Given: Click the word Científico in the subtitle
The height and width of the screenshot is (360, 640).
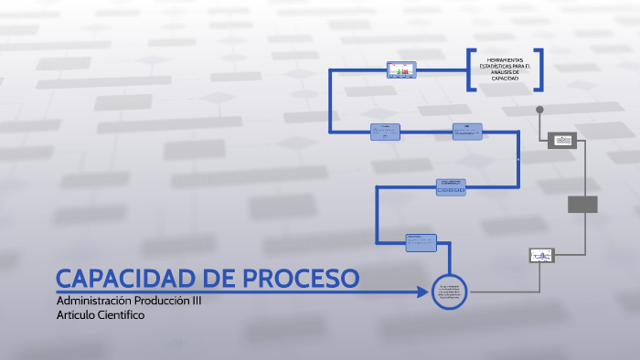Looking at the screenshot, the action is click(114, 314).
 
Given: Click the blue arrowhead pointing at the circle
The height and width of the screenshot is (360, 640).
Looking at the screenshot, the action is click(422, 292).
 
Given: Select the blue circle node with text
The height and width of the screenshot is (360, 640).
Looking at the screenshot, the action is click(449, 292).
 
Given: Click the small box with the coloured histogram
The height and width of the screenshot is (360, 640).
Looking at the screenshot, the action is click(401, 69).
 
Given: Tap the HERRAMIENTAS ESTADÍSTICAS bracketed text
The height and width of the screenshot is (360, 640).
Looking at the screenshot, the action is click(505, 69).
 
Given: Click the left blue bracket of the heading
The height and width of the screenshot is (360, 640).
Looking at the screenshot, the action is click(470, 69).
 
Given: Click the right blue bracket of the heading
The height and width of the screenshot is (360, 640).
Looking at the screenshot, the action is click(540, 69).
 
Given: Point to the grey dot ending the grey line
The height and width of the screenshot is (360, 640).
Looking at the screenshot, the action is click(539, 110).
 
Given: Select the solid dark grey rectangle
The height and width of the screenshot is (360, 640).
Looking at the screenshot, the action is click(582, 204).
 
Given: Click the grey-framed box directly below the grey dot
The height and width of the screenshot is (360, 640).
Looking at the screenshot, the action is click(562, 140).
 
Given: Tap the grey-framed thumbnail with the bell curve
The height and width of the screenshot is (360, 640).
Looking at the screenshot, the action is click(542, 256).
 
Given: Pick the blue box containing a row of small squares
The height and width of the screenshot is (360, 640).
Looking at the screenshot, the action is click(451, 186).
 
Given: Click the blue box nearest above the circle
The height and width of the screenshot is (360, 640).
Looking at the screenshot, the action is click(421, 242).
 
